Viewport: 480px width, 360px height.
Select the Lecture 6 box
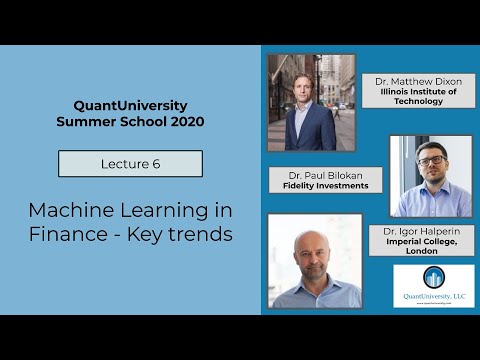pos(130,163)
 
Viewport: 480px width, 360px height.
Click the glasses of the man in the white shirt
pos(431,160)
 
